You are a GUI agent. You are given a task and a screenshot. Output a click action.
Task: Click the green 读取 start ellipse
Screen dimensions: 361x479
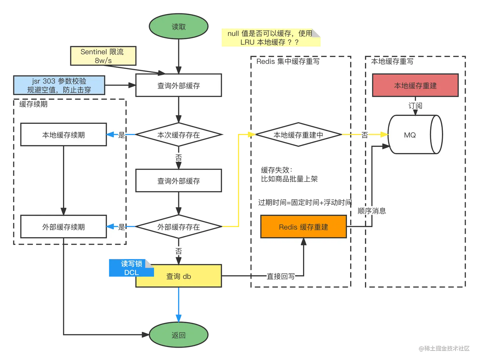pos(178,27)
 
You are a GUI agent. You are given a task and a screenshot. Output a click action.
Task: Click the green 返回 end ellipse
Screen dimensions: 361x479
pos(178,335)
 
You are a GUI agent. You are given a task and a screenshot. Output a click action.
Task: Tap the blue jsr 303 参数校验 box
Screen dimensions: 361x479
pos(59,85)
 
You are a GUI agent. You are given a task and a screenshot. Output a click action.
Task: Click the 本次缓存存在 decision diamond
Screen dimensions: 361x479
pos(178,135)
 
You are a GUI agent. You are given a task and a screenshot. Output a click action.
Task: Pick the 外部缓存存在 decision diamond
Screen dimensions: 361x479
pos(178,227)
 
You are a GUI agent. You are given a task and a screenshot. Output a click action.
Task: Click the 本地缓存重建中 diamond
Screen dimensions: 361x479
pos(298,135)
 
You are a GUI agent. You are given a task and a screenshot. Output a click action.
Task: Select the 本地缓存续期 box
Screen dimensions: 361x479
pos(63,135)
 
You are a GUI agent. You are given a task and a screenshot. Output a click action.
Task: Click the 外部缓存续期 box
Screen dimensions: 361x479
pos(63,227)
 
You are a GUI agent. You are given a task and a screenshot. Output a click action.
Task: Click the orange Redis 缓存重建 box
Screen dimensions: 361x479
pos(303,227)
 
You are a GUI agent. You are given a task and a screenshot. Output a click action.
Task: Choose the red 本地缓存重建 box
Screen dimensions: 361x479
pos(415,85)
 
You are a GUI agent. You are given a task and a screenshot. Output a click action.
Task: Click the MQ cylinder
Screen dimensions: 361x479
pos(412,135)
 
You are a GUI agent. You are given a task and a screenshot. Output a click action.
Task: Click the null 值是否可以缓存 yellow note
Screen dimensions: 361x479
pos(270,38)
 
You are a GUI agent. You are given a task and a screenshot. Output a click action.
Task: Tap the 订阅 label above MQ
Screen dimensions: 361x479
pos(415,106)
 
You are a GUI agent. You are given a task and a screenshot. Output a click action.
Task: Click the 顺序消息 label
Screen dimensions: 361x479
pos(371,211)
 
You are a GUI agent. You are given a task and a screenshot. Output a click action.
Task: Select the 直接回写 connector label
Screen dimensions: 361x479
pos(281,276)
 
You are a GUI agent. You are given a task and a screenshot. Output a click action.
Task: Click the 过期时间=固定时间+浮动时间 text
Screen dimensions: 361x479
pos(304,202)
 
